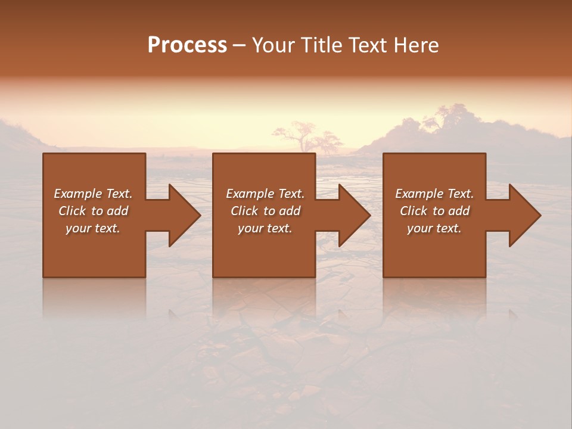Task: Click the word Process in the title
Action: [x=187, y=45]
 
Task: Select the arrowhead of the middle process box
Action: [x=354, y=215]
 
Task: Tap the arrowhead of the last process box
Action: [x=524, y=215]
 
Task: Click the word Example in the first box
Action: [x=77, y=194]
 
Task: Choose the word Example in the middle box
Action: [x=250, y=194]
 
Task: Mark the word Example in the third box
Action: [x=419, y=194]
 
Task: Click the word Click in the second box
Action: [x=244, y=211]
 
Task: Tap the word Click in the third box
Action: [x=414, y=211]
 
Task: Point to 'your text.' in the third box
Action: [x=434, y=228]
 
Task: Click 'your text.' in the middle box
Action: [x=265, y=228]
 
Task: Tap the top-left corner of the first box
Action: [x=43, y=154]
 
